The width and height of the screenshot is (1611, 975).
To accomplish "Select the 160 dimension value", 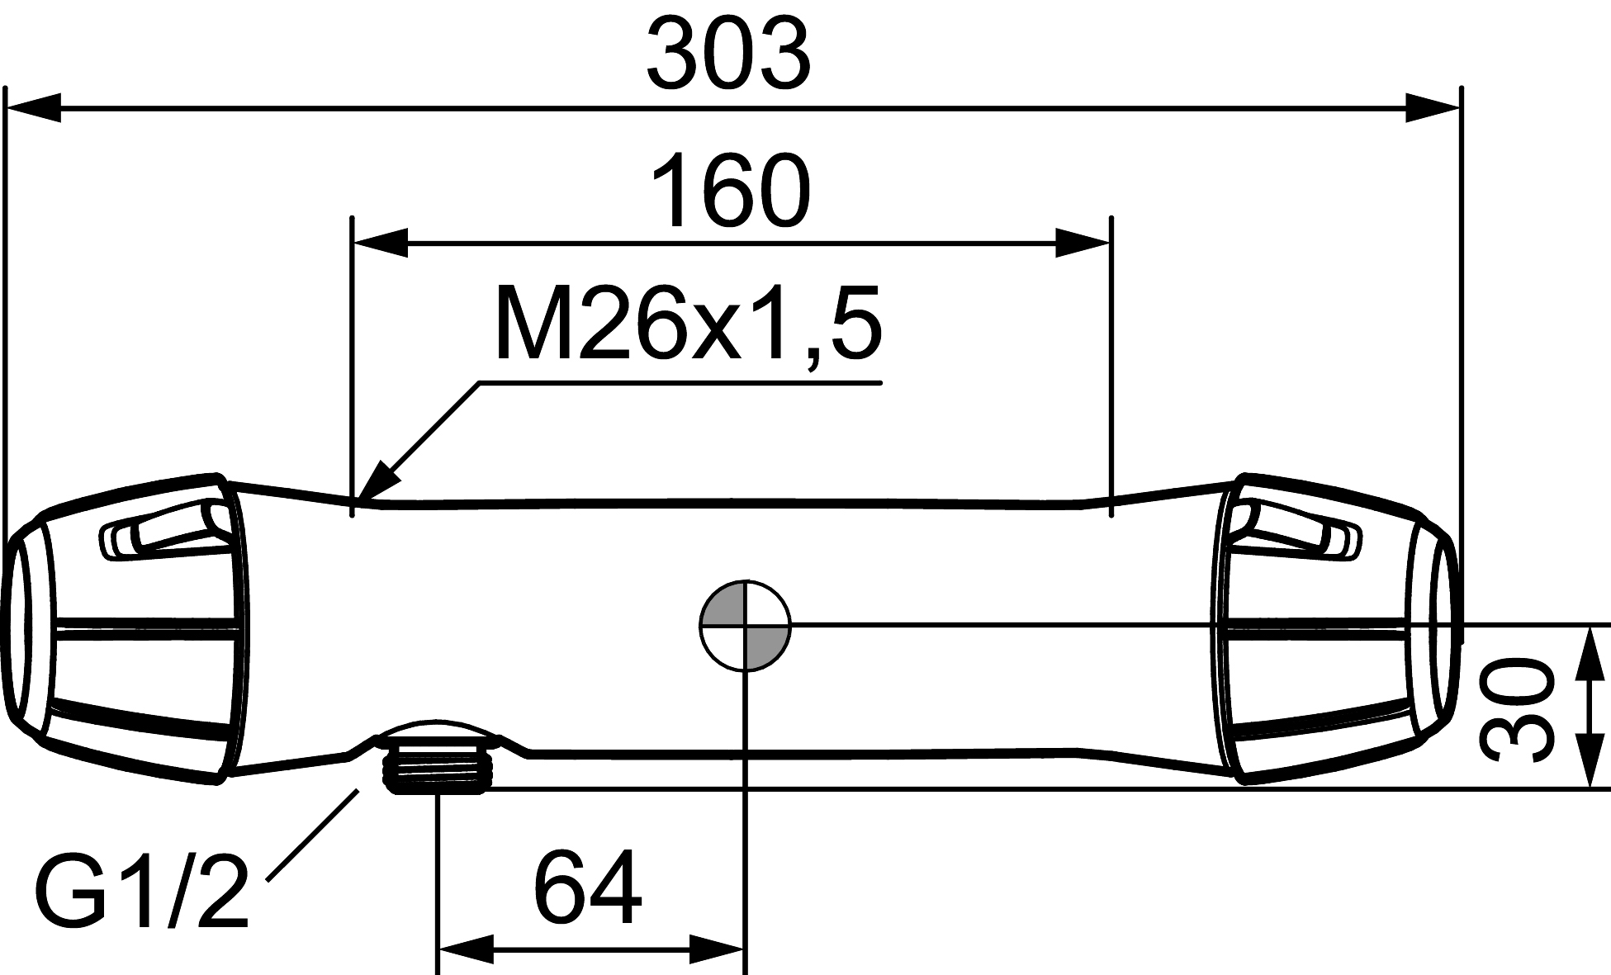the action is (731, 190).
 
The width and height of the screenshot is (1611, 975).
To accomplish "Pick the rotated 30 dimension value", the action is (1515, 708).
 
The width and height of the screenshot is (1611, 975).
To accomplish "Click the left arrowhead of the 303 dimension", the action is (33, 107).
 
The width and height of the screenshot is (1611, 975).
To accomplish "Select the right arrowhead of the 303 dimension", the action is (1433, 107).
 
